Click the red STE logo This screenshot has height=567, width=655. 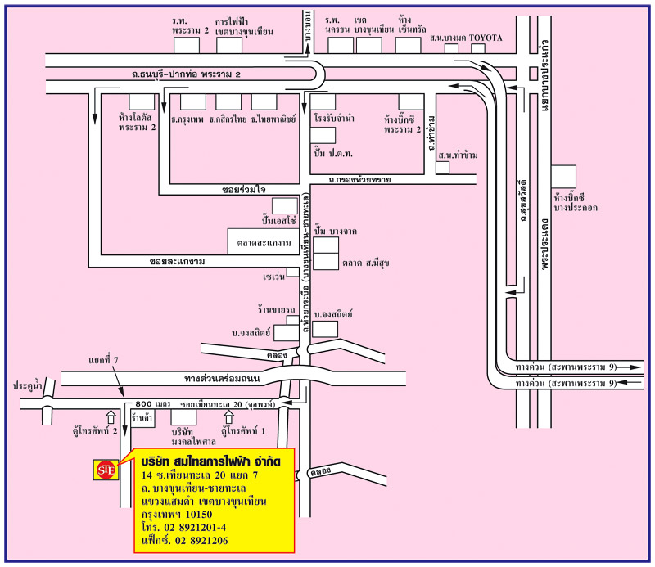click(x=106, y=469)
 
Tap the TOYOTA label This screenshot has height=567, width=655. click(x=485, y=38)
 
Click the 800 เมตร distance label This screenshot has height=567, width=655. click(x=152, y=405)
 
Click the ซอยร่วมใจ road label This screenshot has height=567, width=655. click(x=243, y=188)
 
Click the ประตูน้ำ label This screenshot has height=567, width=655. click(x=26, y=383)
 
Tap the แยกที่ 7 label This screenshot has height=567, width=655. click(x=105, y=360)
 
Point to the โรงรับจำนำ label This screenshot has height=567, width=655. click(x=334, y=119)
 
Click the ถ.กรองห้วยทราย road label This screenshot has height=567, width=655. click(x=359, y=179)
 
